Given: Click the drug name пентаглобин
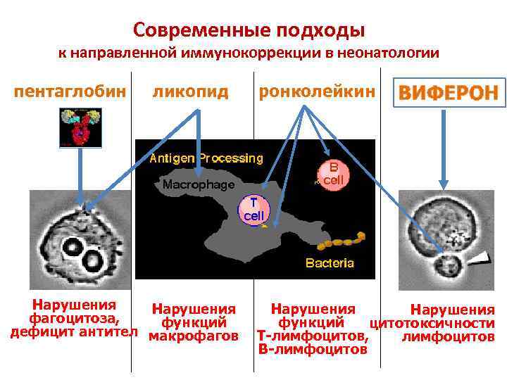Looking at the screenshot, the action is pyautogui.click(x=70, y=91).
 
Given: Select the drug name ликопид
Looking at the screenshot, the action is pyautogui.click(x=191, y=91).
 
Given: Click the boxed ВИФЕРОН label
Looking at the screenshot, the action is pyautogui.click(x=449, y=92).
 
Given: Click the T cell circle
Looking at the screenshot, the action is pyautogui.click(x=254, y=209).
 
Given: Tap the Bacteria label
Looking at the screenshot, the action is pyautogui.click(x=329, y=264).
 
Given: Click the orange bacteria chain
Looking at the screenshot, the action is pyautogui.click(x=342, y=241).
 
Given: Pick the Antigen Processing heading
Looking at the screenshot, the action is pyautogui.click(x=206, y=158).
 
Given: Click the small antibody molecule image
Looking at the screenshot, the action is pyautogui.click(x=75, y=126).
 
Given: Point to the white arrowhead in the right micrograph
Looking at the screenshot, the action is pyautogui.click(x=479, y=258).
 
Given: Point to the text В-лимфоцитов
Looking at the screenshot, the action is pyautogui.click(x=313, y=348).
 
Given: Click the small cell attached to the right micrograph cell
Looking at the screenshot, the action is pyautogui.click(x=446, y=266).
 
